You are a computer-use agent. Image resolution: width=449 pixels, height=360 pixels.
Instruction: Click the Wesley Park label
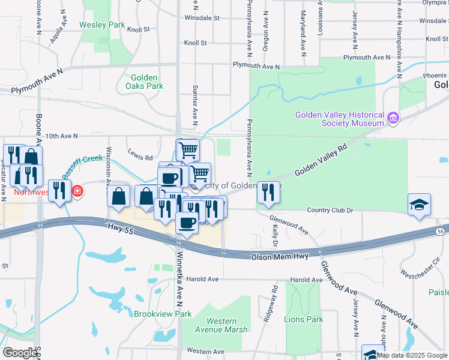[x=102, y=25]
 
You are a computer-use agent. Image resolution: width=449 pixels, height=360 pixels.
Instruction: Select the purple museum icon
[x=393, y=118]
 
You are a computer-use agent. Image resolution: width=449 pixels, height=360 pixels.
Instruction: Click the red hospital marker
[x=77, y=192]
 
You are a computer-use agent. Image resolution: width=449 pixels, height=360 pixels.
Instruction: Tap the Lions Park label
[x=303, y=319]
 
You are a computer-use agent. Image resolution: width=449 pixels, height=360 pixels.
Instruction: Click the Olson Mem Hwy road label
[x=278, y=256]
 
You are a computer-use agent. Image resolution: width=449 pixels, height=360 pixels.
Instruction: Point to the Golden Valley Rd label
[x=321, y=161]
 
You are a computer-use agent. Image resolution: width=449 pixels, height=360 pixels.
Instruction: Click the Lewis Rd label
[x=140, y=158]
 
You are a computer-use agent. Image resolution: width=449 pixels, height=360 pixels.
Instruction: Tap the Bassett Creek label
[x=84, y=167]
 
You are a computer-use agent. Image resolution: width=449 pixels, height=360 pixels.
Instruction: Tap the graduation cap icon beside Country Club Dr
[x=419, y=204]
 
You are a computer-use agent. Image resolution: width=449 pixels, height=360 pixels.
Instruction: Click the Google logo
[x=20, y=353]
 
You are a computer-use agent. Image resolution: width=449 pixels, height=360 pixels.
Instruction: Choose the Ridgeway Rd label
[x=274, y=302]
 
